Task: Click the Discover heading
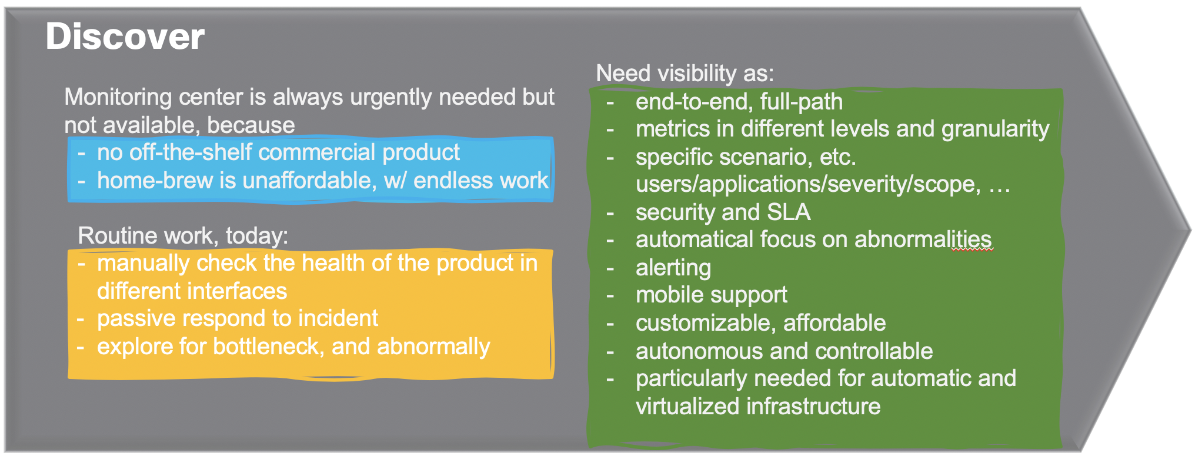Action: click(x=125, y=36)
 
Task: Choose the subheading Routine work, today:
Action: click(x=183, y=235)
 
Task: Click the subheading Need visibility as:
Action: click(x=685, y=74)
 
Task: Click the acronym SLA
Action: click(x=789, y=212)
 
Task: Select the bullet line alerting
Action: click(x=673, y=268)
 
